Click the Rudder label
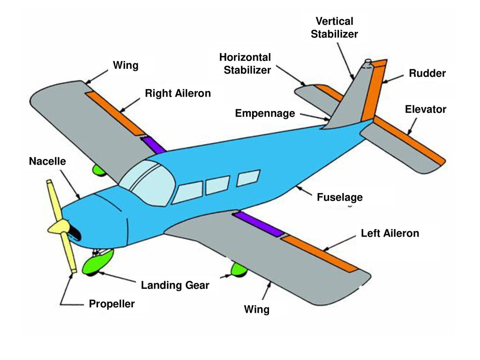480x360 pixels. [x=427, y=74]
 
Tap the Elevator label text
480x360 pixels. [x=426, y=109]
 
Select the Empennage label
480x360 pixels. [x=265, y=113]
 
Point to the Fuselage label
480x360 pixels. [x=339, y=197]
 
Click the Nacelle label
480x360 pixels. [x=47, y=161]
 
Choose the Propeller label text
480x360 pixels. [x=112, y=304]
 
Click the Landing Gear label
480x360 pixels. [x=175, y=285]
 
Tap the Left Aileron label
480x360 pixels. [x=390, y=233]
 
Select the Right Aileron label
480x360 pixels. [x=178, y=93]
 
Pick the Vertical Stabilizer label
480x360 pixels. [x=334, y=28]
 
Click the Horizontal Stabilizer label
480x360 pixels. [x=245, y=64]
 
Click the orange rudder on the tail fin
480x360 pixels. [x=374, y=90]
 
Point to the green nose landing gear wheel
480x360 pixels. [x=97, y=262]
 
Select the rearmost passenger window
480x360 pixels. [x=248, y=178]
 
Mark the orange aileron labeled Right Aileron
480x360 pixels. [x=115, y=113]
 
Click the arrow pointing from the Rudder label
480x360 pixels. [x=393, y=79]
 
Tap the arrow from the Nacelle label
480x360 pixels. [x=71, y=185]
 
